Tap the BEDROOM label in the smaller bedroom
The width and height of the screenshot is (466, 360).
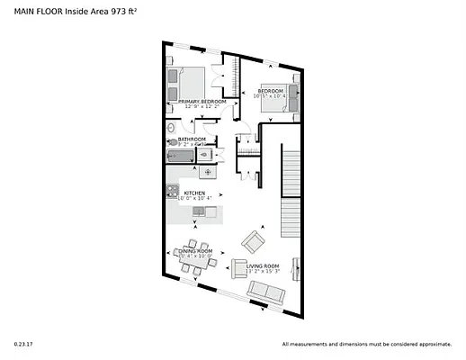pos(271,92)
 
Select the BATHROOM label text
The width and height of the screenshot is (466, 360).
pos(192,139)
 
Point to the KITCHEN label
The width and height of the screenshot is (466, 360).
pos(195,193)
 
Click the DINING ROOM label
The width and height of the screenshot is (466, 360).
pos(195,250)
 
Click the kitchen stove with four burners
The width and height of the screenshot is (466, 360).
pos(171,191)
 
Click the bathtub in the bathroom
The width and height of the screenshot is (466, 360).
pos(180,156)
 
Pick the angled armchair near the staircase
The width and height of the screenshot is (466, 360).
pos(253,241)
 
